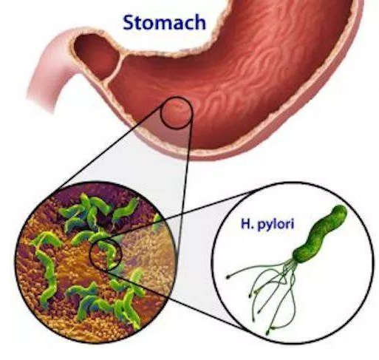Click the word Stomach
point(164,22)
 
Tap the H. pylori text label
point(267,224)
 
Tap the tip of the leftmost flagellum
point(228,277)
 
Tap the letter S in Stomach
point(129,22)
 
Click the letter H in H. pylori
point(245,224)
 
